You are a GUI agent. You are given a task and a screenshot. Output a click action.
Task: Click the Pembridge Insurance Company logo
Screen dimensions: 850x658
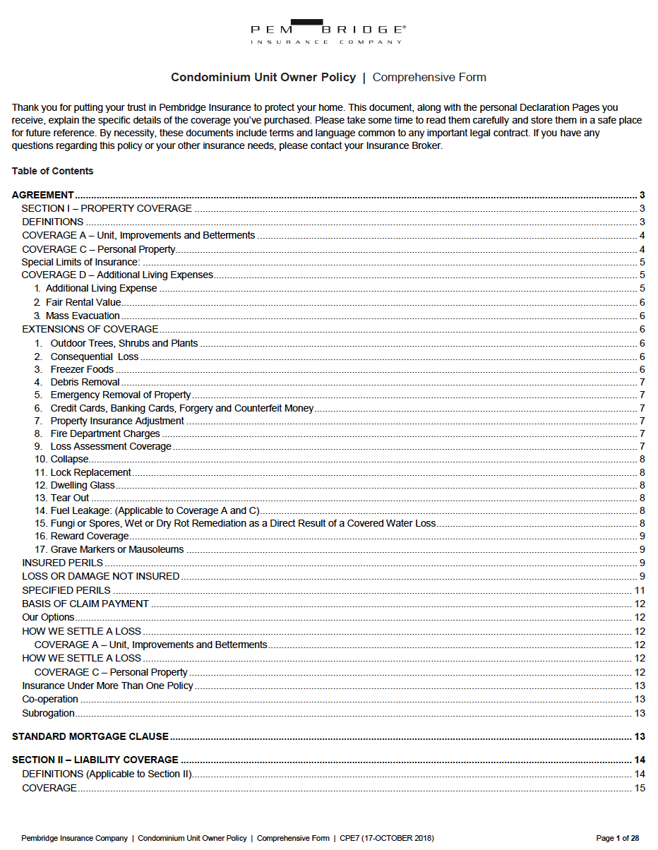click(x=328, y=32)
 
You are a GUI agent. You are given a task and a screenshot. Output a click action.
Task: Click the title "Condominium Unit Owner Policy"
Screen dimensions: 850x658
click(x=263, y=77)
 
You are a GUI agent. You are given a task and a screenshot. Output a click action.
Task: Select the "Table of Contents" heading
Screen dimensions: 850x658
click(x=52, y=171)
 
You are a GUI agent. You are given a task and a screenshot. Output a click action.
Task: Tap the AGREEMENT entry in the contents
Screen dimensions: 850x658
click(x=43, y=195)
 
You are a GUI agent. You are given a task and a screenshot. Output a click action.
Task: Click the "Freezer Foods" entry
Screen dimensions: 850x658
click(x=82, y=369)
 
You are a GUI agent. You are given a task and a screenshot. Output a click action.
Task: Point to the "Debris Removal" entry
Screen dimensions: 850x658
click(x=85, y=382)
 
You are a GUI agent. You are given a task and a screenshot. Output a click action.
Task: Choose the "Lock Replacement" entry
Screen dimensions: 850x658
click(x=90, y=472)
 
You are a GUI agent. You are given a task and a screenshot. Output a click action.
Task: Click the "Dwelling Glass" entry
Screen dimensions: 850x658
click(x=83, y=485)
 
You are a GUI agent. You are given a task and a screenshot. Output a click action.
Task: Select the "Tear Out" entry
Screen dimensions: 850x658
click(x=70, y=498)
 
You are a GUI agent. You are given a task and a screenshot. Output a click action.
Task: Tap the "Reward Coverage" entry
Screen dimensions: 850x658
click(x=89, y=536)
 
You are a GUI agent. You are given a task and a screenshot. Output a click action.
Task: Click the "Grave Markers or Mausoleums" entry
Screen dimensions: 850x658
click(x=116, y=549)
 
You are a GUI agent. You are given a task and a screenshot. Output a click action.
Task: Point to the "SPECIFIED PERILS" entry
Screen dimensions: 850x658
click(x=66, y=590)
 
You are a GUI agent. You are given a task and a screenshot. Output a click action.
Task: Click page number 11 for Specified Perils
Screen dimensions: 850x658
click(x=640, y=590)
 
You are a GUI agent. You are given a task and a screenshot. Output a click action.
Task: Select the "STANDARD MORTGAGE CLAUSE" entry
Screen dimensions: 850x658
click(x=90, y=736)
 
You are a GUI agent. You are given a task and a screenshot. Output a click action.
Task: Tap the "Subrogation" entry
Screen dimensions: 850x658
click(x=48, y=713)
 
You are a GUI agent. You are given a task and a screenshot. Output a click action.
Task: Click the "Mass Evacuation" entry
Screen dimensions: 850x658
click(x=83, y=316)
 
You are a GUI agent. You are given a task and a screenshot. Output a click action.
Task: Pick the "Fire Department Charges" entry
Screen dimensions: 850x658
click(x=105, y=433)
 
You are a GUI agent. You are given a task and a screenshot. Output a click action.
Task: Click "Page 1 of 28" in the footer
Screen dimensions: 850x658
click(x=617, y=838)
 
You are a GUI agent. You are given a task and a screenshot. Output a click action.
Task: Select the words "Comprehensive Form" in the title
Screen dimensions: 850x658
click(x=429, y=77)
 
